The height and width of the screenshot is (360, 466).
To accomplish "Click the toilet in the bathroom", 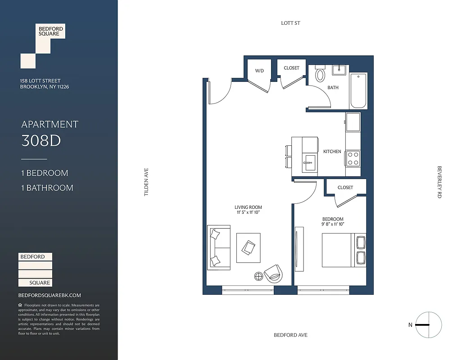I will (x=320, y=74).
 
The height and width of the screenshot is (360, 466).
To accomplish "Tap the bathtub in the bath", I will (x=358, y=90).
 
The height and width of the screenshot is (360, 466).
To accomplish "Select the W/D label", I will (x=259, y=71).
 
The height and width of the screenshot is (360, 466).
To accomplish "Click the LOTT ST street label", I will (x=290, y=23).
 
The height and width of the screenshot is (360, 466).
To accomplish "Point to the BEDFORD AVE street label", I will (x=290, y=335).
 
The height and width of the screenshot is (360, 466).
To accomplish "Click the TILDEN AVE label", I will (x=146, y=182).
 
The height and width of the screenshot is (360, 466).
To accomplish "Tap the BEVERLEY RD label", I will (x=439, y=182).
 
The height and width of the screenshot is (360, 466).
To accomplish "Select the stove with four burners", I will (x=353, y=158).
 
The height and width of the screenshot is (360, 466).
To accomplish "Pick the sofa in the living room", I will (x=218, y=247).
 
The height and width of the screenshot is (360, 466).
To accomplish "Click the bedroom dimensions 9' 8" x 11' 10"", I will (x=333, y=224).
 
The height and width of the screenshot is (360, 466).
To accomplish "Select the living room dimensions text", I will (x=248, y=212).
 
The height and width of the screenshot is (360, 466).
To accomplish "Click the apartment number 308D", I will (x=41, y=141).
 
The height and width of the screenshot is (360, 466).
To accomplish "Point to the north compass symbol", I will (x=428, y=324).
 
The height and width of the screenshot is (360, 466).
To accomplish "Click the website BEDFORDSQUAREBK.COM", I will (x=50, y=295).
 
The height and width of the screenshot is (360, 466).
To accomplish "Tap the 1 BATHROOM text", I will (x=47, y=188).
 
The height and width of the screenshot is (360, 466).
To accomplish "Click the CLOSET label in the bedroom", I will (x=345, y=187).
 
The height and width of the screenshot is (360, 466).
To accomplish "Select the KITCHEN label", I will (x=332, y=152).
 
